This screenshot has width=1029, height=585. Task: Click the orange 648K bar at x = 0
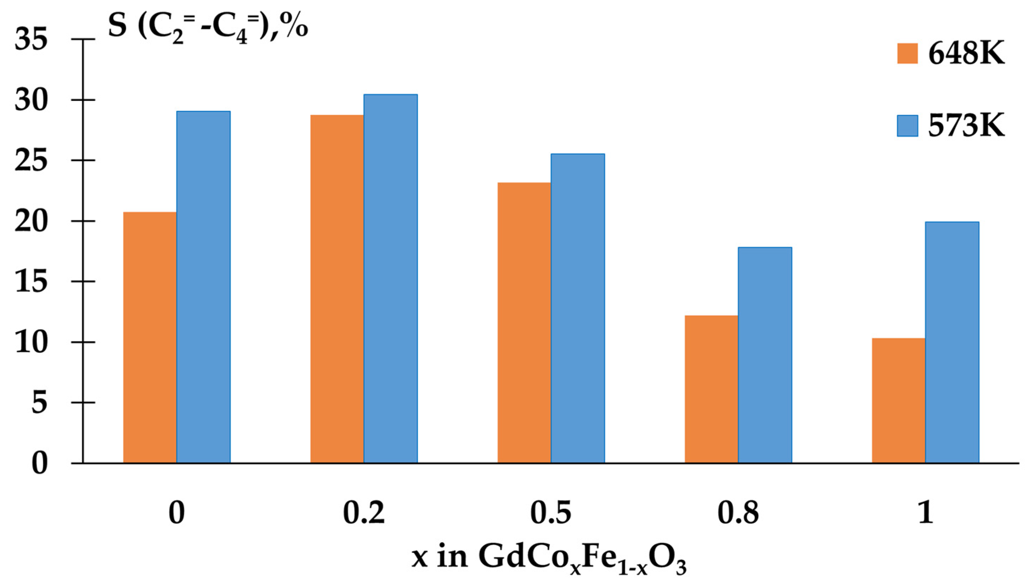(150, 337)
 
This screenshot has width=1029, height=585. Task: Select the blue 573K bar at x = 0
(203, 287)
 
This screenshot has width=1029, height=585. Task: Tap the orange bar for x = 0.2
(337, 289)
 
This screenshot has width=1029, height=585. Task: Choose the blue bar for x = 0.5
(578, 308)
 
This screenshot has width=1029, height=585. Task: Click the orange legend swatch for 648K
(907, 53)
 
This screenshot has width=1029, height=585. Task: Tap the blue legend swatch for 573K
(907, 126)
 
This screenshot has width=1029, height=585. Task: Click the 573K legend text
(966, 126)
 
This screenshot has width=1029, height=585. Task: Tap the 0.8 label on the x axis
(738, 513)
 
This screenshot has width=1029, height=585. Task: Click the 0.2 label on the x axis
(364, 513)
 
